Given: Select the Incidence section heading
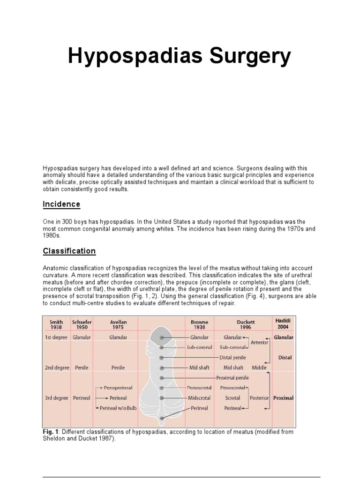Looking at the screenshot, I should coord(61,204).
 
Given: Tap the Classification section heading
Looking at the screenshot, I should coord(69,251).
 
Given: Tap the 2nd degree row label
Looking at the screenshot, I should coord(56,367).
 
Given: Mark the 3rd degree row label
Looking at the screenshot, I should coord(56,398).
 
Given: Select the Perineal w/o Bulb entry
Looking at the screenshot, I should coord(118,408).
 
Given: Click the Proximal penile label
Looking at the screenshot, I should coord(232,378).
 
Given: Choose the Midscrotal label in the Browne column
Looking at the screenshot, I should coord(199,398).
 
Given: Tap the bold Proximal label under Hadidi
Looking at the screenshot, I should coord(283,398).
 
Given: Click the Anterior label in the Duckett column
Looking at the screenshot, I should coord(259,342).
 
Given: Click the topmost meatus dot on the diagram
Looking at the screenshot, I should coord(162,337).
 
